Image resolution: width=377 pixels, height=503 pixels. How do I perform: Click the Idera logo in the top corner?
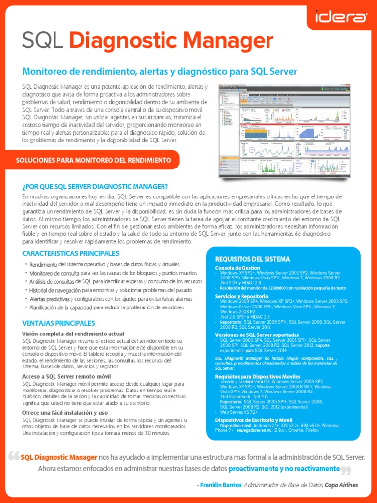(x=340, y=18)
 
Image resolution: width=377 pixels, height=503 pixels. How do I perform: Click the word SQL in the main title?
(x=43, y=41)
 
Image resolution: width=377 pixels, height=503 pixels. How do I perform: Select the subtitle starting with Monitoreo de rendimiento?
(x=160, y=72)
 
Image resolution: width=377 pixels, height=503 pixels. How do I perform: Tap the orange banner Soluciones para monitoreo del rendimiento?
(x=94, y=160)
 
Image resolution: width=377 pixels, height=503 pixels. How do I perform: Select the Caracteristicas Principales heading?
(x=71, y=253)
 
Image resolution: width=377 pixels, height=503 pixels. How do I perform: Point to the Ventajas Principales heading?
(x=58, y=323)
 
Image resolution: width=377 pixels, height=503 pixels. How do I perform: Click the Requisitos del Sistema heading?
(x=252, y=259)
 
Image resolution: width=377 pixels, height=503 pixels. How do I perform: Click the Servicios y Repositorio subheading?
(x=242, y=296)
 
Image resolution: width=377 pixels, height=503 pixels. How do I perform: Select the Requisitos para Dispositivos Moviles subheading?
(x=258, y=376)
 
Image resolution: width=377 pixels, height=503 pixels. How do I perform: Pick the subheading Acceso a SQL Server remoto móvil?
(x=59, y=376)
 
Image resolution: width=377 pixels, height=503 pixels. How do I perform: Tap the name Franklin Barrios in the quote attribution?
(x=220, y=485)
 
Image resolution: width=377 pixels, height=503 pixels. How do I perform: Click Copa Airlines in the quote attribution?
(x=341, y=485)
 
